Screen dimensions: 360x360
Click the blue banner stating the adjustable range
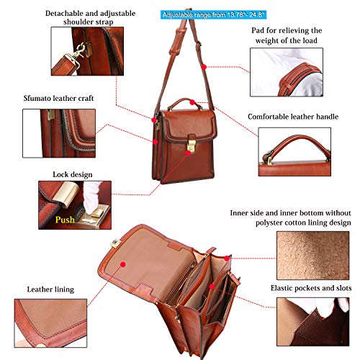(213, 15)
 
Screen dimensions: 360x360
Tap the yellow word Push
(65, 220)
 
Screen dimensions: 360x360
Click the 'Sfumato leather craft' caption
(58, 98)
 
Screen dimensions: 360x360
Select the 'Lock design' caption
(73, 174)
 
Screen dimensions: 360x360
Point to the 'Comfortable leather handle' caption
(293, 117)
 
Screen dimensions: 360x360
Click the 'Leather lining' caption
(50, 289)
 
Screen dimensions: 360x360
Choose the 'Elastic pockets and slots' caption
(311, 288)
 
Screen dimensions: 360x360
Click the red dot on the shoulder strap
(204, 67)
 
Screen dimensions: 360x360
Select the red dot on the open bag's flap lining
(123, 264)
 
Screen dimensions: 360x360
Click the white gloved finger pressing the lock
(91, 197)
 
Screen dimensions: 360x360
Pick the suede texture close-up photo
(313, 256)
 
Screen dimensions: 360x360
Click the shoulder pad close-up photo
(287, 72)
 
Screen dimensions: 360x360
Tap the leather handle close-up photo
(294, 152)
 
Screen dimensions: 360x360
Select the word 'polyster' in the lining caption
(269, 223)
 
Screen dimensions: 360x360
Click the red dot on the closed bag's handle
(192, 102)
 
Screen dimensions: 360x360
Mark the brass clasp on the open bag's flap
(116, 244)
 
